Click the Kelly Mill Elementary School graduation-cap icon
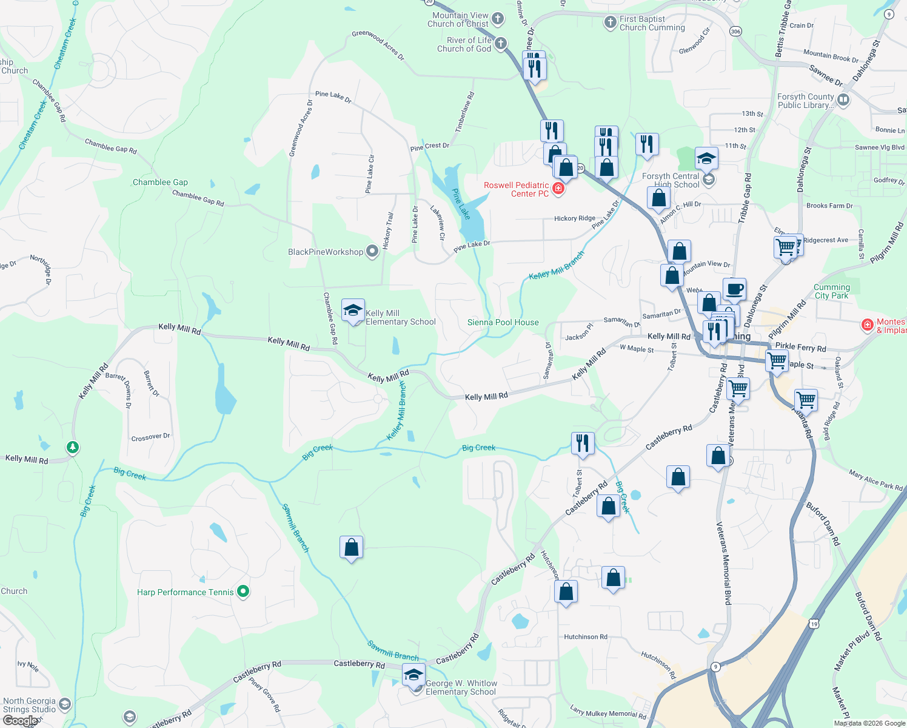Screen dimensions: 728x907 (x=353, y=311)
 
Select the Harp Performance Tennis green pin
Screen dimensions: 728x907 (x=243, y=591)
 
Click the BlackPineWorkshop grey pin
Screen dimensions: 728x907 (x=372, y=252)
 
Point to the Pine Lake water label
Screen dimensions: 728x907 (x=461, y=204)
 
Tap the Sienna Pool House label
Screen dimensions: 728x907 (x=503, y=323)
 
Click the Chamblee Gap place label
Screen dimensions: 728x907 (x=160, y=182)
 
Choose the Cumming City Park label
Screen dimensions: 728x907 (x=831, y=292)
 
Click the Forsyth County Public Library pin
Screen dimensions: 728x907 (x=843, y=99)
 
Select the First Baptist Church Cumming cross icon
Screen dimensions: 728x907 (x=611, y=23)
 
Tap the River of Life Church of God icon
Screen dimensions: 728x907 (x=501, y=44)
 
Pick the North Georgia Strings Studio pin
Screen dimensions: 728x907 (x=65, y=704)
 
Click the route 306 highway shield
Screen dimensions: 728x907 (x=735, y=32)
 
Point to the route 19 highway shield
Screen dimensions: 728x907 (x=814, y=624)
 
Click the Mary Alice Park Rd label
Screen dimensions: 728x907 (x=875, y=480)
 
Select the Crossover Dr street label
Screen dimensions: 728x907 (x=150, y=437)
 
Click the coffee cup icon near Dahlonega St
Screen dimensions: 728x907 (x=734, y=289)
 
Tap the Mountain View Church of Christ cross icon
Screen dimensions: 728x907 (x=498, y=19)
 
